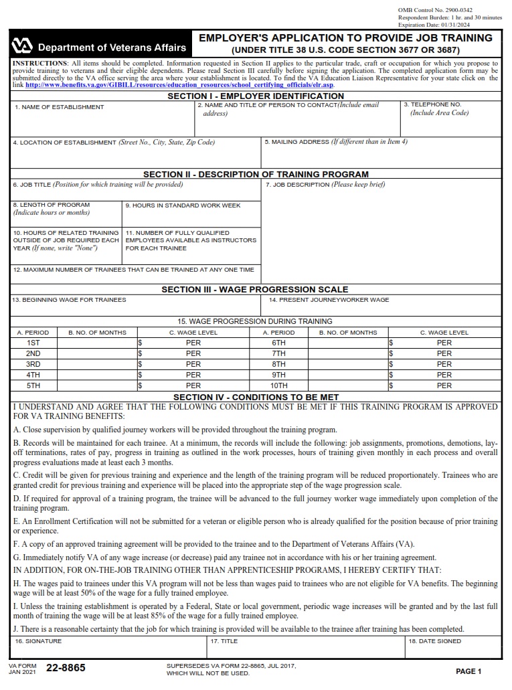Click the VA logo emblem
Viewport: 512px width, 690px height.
(x=22, y=46)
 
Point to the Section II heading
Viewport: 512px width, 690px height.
(x=256, y=175)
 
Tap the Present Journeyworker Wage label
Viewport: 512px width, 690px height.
(x=329, y=300)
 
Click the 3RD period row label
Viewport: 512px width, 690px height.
(x=33, y=364)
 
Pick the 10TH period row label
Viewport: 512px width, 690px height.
(x=278, y=385)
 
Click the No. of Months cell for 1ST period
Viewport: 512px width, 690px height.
(x=97, y=343)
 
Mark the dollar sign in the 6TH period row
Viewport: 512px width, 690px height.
(x=391, y=343)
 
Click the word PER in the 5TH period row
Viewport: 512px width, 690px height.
(x=193, y=385)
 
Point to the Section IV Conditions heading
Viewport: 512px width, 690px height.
(x=256, y=397)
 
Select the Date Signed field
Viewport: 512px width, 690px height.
(x=453, y=650)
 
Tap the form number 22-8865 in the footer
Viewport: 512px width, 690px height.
(x=66, y=668)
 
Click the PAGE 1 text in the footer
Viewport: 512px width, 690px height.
(x=468, y=671)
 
